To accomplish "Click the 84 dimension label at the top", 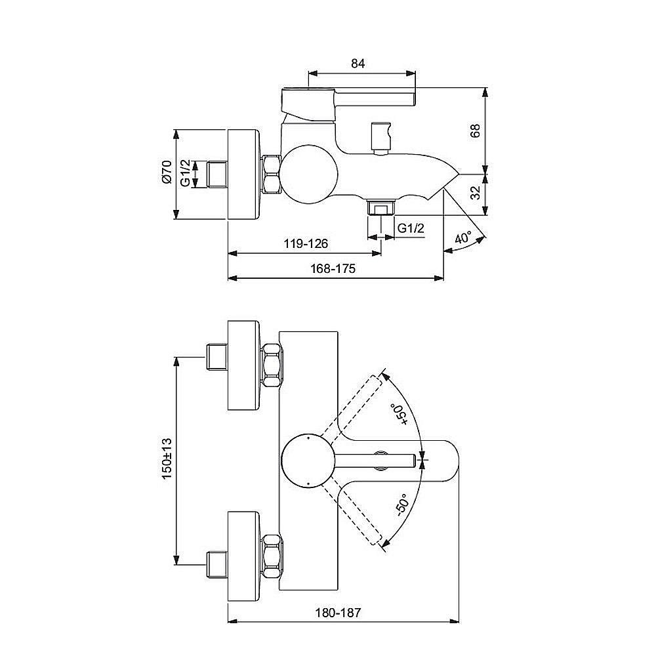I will (x=358, y=64).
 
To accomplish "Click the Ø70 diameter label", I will (x=167, y=172).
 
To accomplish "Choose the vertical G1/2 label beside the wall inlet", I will (x=186, y=173).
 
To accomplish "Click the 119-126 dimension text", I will (x=306, y=243).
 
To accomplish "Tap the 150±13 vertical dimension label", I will (x=167, y=459).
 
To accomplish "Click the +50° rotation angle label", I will (x=401, y=415).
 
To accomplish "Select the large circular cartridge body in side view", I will (x=309, y=172).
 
